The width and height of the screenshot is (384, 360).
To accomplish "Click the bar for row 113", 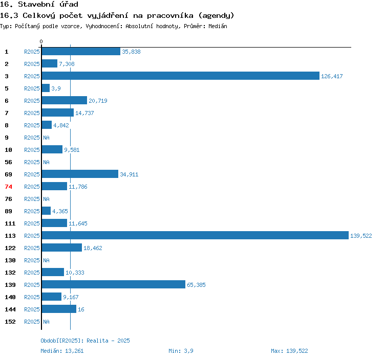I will [195, 235].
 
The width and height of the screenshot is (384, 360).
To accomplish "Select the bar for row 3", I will [180, 76].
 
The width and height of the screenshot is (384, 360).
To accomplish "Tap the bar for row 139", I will [113, 284].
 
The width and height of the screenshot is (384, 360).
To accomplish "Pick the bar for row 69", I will [80, 174].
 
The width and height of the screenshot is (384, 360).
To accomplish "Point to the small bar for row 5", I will [46, 88].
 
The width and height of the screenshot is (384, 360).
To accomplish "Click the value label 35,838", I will [131, 52].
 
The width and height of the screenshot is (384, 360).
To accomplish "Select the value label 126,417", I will [332, 76].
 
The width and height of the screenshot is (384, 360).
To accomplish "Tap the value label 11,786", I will [78, 187].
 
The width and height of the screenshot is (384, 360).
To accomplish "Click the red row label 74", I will [8, 187].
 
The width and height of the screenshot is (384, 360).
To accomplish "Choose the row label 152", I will [10, 322].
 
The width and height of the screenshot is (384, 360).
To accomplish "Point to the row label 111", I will [10, 223].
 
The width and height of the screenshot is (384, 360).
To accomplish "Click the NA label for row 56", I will [46, 162].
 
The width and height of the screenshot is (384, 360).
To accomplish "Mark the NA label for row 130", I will [46, 260].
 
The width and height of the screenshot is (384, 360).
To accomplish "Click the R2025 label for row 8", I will [32, 125].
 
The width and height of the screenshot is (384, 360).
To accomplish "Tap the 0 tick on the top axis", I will [41, 41].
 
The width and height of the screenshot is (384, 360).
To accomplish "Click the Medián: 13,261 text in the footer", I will [62, 351].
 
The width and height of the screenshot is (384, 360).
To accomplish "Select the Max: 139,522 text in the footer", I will [289, 351].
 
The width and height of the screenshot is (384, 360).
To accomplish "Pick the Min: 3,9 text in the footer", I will [181, 351].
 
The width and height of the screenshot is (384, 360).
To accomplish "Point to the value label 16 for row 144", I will [81, 309].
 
